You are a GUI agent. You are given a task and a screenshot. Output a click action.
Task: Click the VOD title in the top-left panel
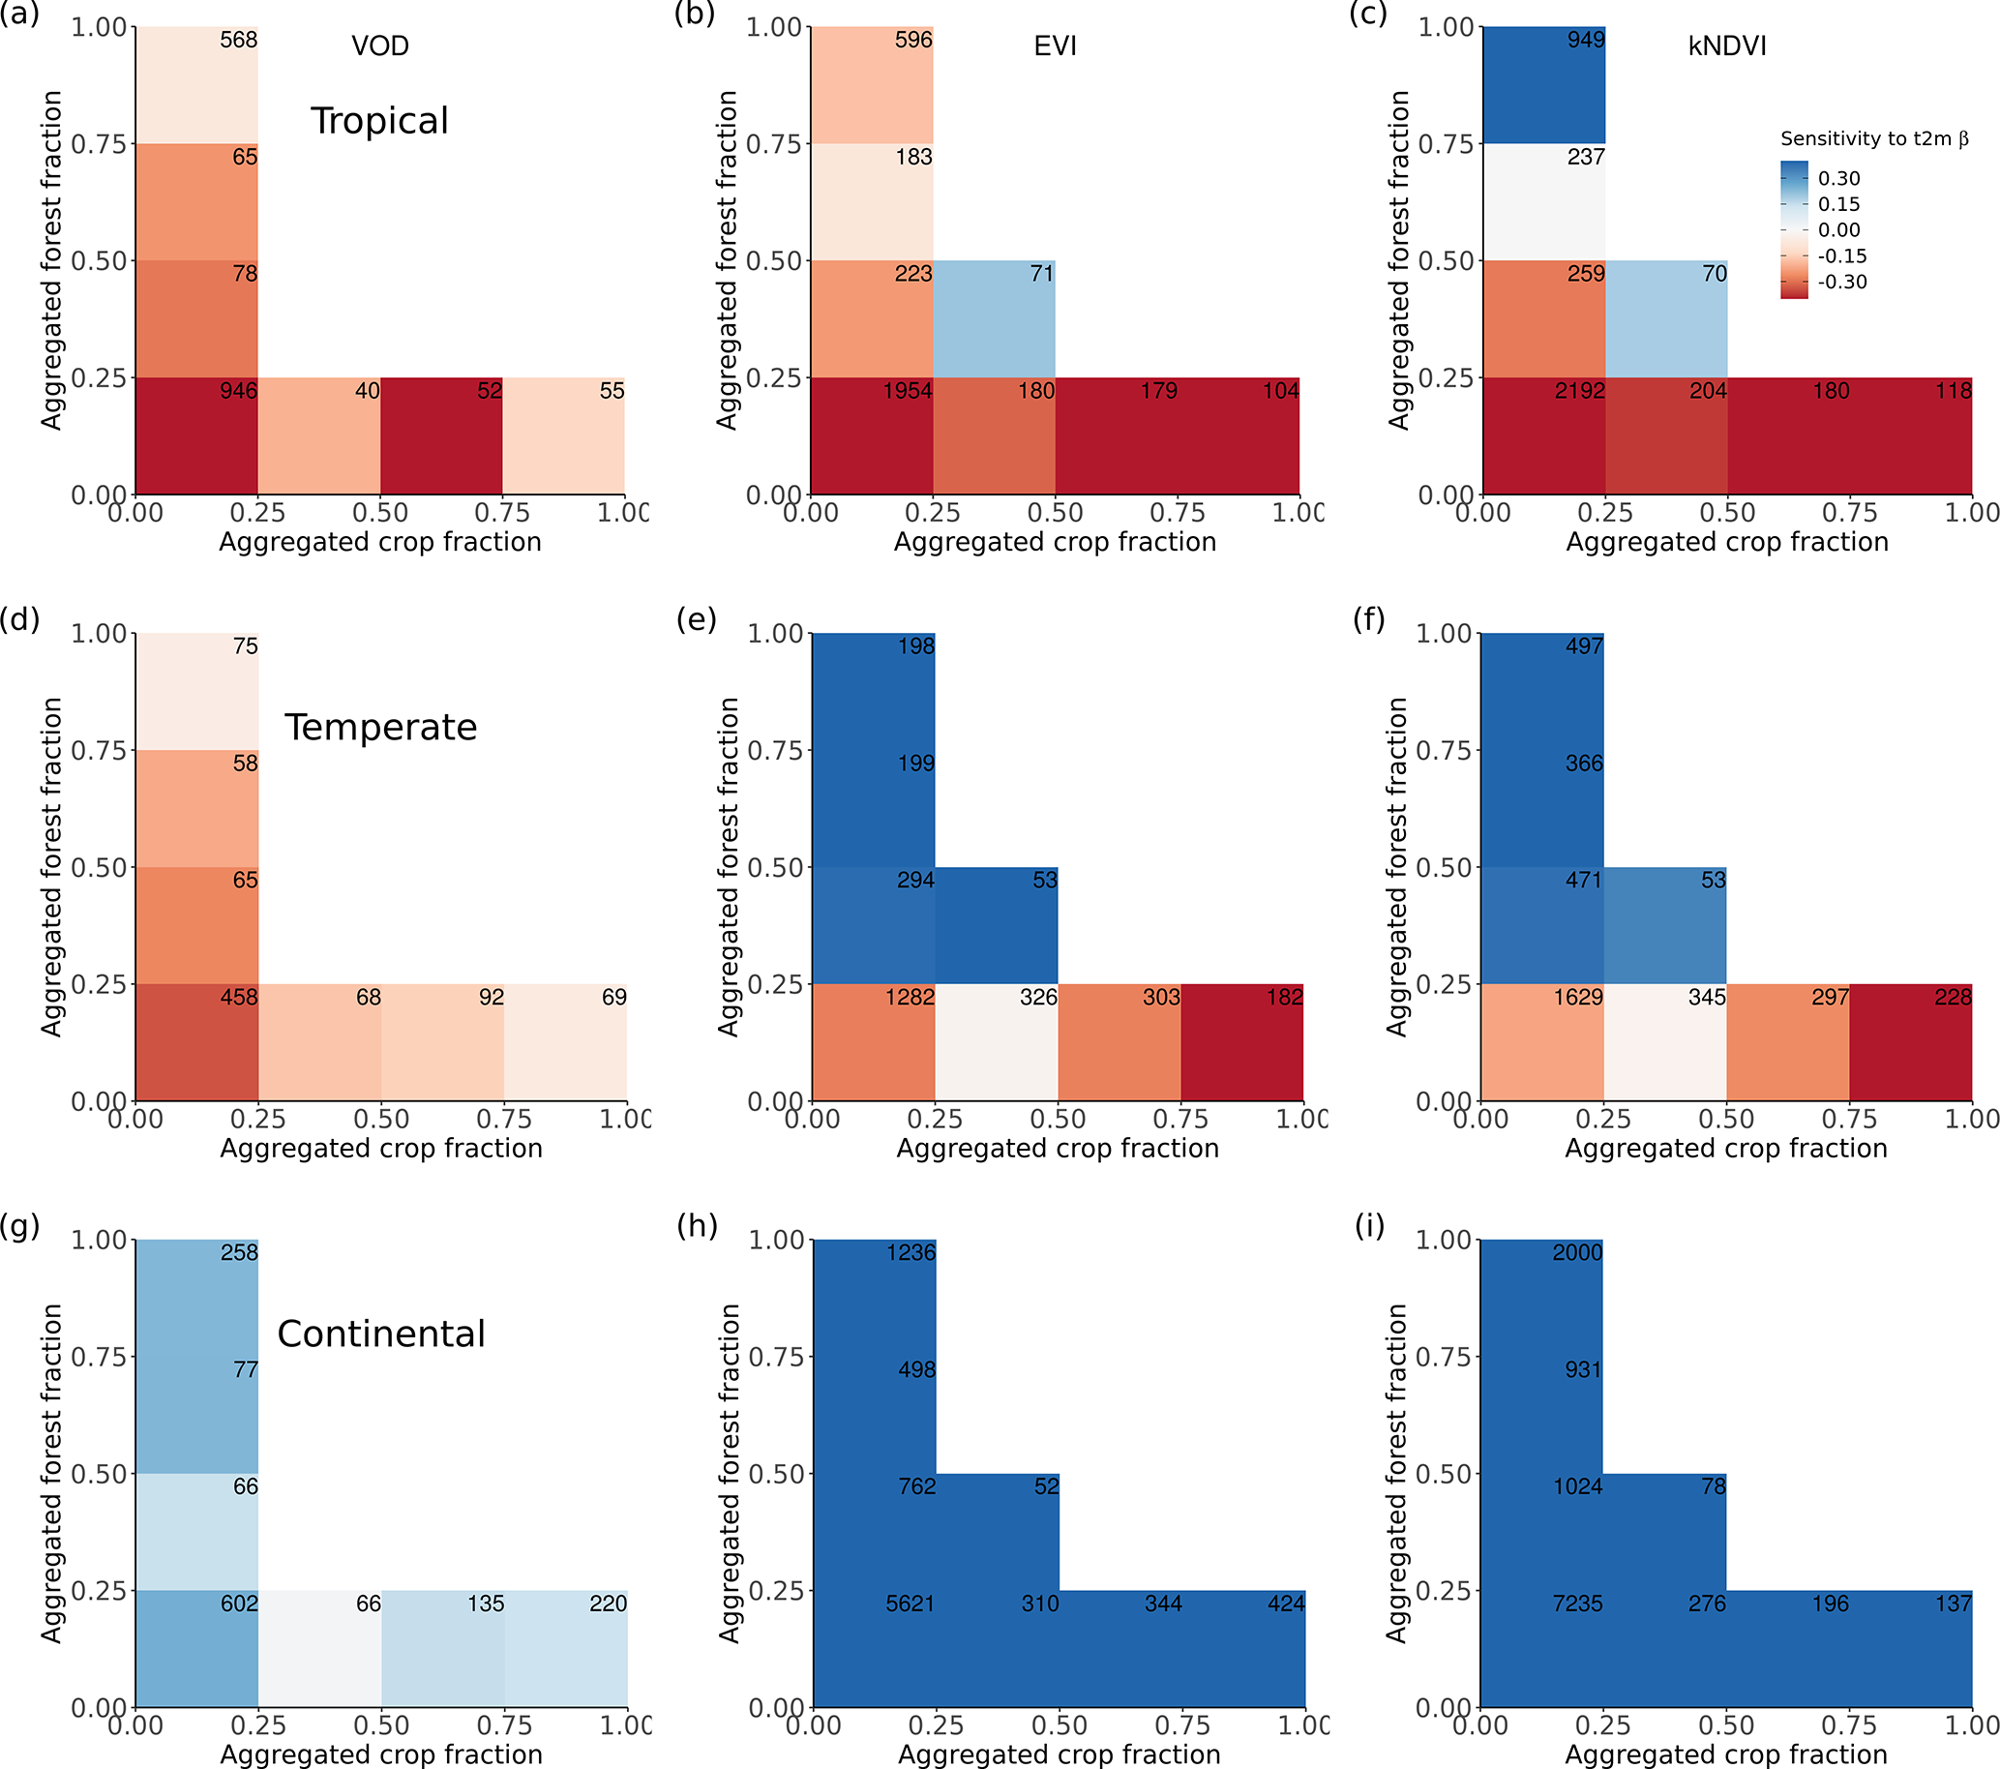click(x=379, y=46)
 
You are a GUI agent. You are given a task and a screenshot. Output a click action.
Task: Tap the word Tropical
click(x=379, y=121)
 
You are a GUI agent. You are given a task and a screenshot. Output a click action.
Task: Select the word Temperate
click(x=380, y=728)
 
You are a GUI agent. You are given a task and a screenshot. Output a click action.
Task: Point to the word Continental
click(x=380, y=1334)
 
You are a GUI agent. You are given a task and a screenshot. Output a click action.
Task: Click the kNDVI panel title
click(x=1727, y=46)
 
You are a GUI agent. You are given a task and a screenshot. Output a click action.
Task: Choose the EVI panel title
click(x=1055, y=46)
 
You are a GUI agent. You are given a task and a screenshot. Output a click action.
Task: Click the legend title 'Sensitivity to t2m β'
click(x=1874, y=139)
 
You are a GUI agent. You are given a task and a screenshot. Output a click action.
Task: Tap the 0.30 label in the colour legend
click(x=1838, y=178)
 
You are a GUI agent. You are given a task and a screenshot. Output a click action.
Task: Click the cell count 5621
click(x=910, y=1604)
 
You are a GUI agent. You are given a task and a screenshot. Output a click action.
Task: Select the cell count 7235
click(x=1577, y=1604)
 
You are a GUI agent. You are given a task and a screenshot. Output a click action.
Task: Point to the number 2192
click(x=1579, y=391)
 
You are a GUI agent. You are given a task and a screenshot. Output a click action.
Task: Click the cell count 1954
click(x=907, y=391)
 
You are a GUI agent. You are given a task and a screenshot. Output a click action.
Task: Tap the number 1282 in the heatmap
click(x=910, y=998)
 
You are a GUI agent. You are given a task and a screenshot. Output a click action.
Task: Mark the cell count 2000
click(x=1577, y=1252)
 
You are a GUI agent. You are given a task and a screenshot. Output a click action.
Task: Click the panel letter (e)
click(x=696, y=619)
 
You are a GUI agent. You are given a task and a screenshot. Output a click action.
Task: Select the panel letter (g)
click(x=19, y=1226)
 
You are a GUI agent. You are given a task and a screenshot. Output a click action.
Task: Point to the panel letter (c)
click(x=1368, y=14)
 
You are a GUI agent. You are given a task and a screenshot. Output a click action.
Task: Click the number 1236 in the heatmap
click(x=910, y=1252)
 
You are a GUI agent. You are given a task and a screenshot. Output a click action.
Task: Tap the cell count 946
click(x=239, y=391)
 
